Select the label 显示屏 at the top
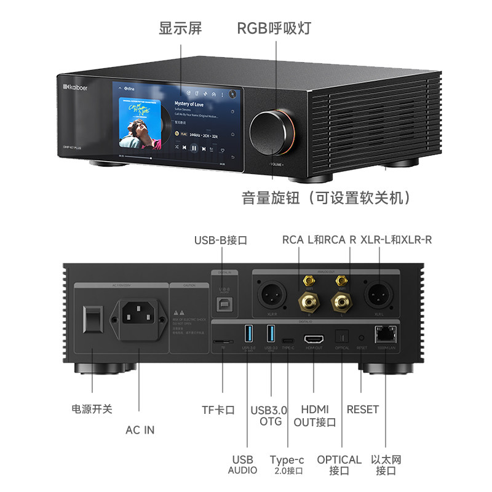coord(180,28)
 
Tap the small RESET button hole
coord(360,338)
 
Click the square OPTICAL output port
coord(342,337)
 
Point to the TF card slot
coord(223,339)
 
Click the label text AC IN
coord(140,430)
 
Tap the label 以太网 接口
coord(386,465)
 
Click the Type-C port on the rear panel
coord(288,339)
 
